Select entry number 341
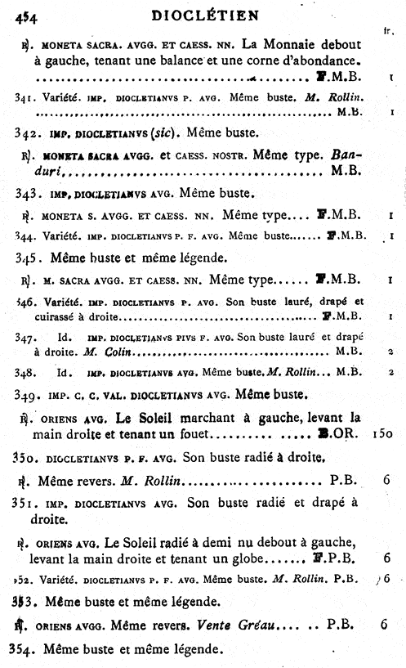coord(27,97)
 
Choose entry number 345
coord(28,258)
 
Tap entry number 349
coord(28,394)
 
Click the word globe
coord(243,558)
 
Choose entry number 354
coord(28,650)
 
